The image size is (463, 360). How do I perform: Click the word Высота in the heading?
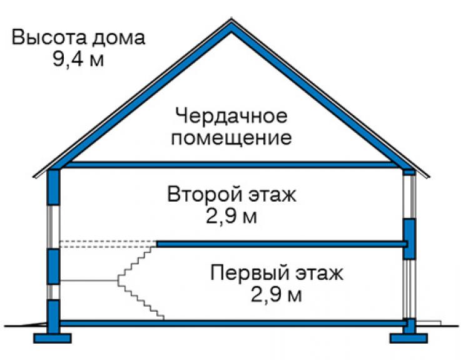pyautogui.click(x=49, y=38)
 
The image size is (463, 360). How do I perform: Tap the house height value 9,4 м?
pyautogui.click(x=78, y=59)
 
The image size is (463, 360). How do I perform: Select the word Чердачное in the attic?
pyautogui.click(x=232, y=116)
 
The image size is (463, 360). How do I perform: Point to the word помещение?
pyautogui.click(x=232, y=138)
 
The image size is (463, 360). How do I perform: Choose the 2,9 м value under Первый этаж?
pyautogui.click(x=277, y=294)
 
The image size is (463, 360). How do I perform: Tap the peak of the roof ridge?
pyautogui.click(x=232, y=20)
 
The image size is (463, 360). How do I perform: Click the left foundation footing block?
pyautogui.click(x=53, y=339)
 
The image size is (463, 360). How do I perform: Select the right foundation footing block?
pyautogui.click(x=409, y=339)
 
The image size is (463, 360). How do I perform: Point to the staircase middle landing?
pyautogui.click(x=89, y=280)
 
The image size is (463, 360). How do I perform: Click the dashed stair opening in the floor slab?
pyautogui.click(x=108, y=244)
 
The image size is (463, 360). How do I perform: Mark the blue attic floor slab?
pyautogui.click(x=232, y=165)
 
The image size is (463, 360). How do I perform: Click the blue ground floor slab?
pyautogui.click(x=232, y=323)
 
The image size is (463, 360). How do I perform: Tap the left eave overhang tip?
pyautogui.click(x=33, y=177)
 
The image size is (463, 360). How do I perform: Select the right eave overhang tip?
pyautogui.click(x=429, y=177)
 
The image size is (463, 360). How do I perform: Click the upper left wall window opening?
pyautogui.click(x=54, y=227)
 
